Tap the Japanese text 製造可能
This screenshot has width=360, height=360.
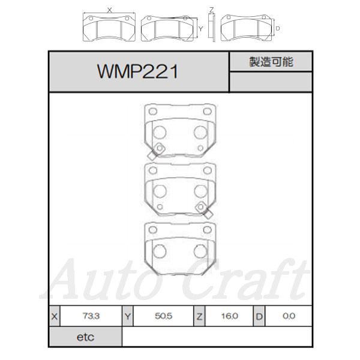pyautogui.click(x=271, y=62)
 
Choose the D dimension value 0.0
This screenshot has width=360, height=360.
pyautogui.click(x=289, y=316)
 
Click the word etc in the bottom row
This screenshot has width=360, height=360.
pyautogui.click(x=85, y=337)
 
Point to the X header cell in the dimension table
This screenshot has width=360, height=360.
pyautogui.click(x=56, y=316)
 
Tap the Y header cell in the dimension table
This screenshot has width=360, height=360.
pyautogui.click(x=128, y=316)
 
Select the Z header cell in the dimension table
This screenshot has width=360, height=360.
pyautogui.click(x=199, y=316)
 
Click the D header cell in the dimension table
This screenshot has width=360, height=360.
pyautogui.click(x=259, y=316)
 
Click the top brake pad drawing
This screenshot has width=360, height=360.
pyautogui.click(x=178, y=129)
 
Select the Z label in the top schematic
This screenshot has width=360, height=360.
pyautogui.click(x=211, y=9)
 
